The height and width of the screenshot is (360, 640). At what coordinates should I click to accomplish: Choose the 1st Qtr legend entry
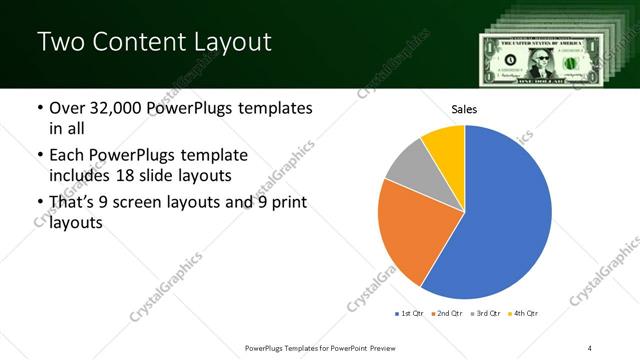tap(409, 314)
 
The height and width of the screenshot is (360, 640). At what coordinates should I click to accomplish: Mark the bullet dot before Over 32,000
tap(39, 108)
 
